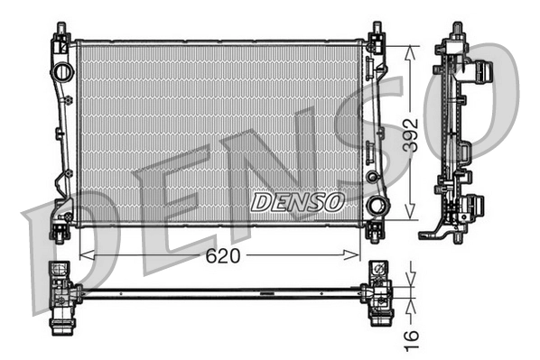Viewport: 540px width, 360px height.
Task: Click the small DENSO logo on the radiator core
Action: [296, 200]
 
